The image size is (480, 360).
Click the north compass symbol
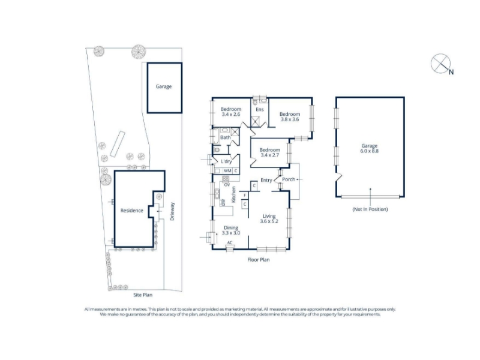point(440,64)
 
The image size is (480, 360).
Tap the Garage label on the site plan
point(163,86)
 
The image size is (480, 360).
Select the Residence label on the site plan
point(131,211)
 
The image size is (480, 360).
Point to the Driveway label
point(172,211)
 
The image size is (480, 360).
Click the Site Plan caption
point(143,295)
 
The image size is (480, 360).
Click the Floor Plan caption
point(259,260)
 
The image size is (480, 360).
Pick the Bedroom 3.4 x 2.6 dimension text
point(231,114)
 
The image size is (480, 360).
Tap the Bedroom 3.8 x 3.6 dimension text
point(290,119)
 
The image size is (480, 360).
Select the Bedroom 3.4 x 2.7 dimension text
point(269,155)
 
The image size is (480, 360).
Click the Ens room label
point(260,110)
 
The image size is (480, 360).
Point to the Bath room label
point(226,137)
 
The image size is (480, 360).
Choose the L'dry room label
point(226,161)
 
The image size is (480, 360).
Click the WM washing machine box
point(227,171)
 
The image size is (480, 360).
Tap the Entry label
point(266,181)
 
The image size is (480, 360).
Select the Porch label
point(289,179)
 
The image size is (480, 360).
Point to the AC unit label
point(230,243)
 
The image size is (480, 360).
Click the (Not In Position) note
point(370,209)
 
